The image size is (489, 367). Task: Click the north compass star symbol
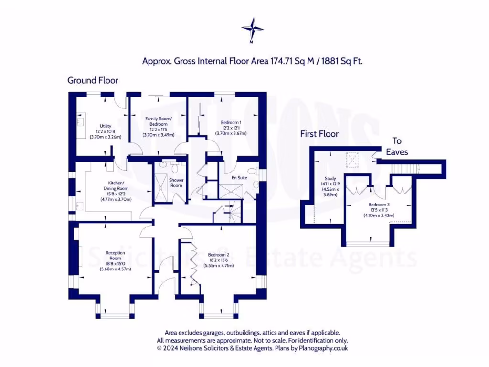(x=252, y=28)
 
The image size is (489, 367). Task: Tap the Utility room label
(x=106, y=126)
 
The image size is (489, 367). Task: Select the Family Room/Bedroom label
(x=158, y=121)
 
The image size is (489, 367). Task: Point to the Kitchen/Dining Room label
(x=116, y=185)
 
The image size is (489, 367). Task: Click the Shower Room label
(x=177, y=183)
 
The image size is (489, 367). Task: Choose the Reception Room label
(x=115, y=255)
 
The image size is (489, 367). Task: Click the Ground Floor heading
(x=93, y=80)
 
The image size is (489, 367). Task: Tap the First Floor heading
(x=319, y=134)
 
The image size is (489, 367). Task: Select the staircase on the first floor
(x=404, y=168)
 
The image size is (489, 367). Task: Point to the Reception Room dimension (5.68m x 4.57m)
(x=115, y=269)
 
